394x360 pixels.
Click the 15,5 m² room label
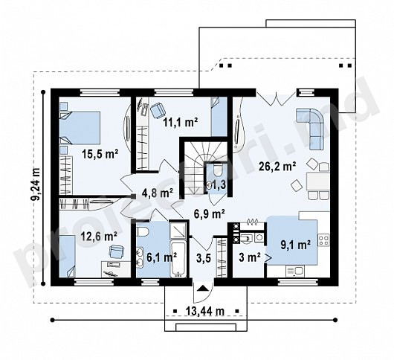(x=100, y=154)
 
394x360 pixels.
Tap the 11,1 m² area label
(x=181, y=122)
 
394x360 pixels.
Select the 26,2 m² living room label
(x=277, y=167)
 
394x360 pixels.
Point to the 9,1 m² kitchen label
(x=296, y=245)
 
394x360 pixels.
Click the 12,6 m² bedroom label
(x=99, y=237)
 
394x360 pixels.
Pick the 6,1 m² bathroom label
(x=162, y=257)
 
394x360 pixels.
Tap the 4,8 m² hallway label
(x=158, y=193)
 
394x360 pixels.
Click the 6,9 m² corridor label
(x=210, y=214)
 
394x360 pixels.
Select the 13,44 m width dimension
(x=204, y=311)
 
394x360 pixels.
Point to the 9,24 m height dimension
(x=36, y=184)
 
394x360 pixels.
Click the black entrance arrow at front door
(x=203, y=288)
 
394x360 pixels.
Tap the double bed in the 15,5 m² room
(x=80, y=128)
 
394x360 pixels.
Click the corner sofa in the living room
(x=311, y=128)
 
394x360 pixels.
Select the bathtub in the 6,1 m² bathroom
(x=178, y=260)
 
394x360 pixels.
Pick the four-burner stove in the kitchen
(x=323, y=240)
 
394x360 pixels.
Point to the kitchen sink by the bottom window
(x=296, y=271)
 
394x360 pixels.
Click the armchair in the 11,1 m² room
(x=158, y=110)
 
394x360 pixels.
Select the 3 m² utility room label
(x=249, y=257)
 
